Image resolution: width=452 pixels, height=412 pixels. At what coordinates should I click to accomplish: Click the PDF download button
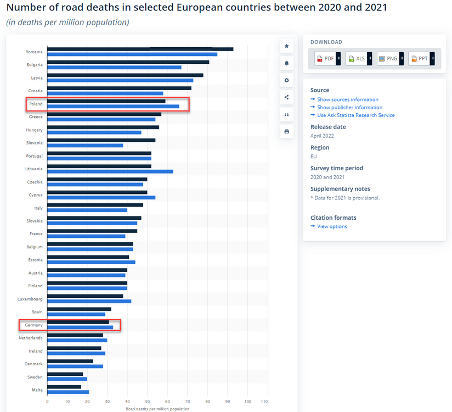pos(327,58)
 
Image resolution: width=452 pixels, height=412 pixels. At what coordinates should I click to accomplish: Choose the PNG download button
pos(390,58)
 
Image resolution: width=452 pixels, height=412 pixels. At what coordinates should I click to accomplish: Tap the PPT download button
pos(421,58)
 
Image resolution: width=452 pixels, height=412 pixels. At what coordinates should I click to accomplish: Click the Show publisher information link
pos(349,107)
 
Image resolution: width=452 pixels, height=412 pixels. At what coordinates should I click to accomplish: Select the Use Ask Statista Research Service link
pos(355,115)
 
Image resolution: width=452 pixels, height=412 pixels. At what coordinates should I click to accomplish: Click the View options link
pos(332,226)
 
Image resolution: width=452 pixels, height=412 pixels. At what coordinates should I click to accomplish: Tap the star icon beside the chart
pos(286,46)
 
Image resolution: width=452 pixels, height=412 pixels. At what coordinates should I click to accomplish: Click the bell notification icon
pos(286,63)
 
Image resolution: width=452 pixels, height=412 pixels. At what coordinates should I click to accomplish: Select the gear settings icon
pos(286,80)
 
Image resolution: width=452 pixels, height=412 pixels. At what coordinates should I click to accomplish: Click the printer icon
pos(286,131)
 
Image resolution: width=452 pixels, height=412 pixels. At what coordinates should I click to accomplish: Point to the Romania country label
pos(34,52)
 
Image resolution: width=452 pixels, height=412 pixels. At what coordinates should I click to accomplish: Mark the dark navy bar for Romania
pos(140,49)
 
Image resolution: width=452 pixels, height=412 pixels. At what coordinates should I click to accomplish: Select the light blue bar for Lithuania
pos(110,171)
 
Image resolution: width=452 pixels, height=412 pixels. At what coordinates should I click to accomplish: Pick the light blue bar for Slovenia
pos(85,146)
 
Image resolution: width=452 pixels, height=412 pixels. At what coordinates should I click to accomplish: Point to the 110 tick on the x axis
pos(268,402)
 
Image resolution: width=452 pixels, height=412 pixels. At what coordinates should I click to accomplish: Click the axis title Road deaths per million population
pos(157,409)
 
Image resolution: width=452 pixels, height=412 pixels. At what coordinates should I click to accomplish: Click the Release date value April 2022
pos(322,136)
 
